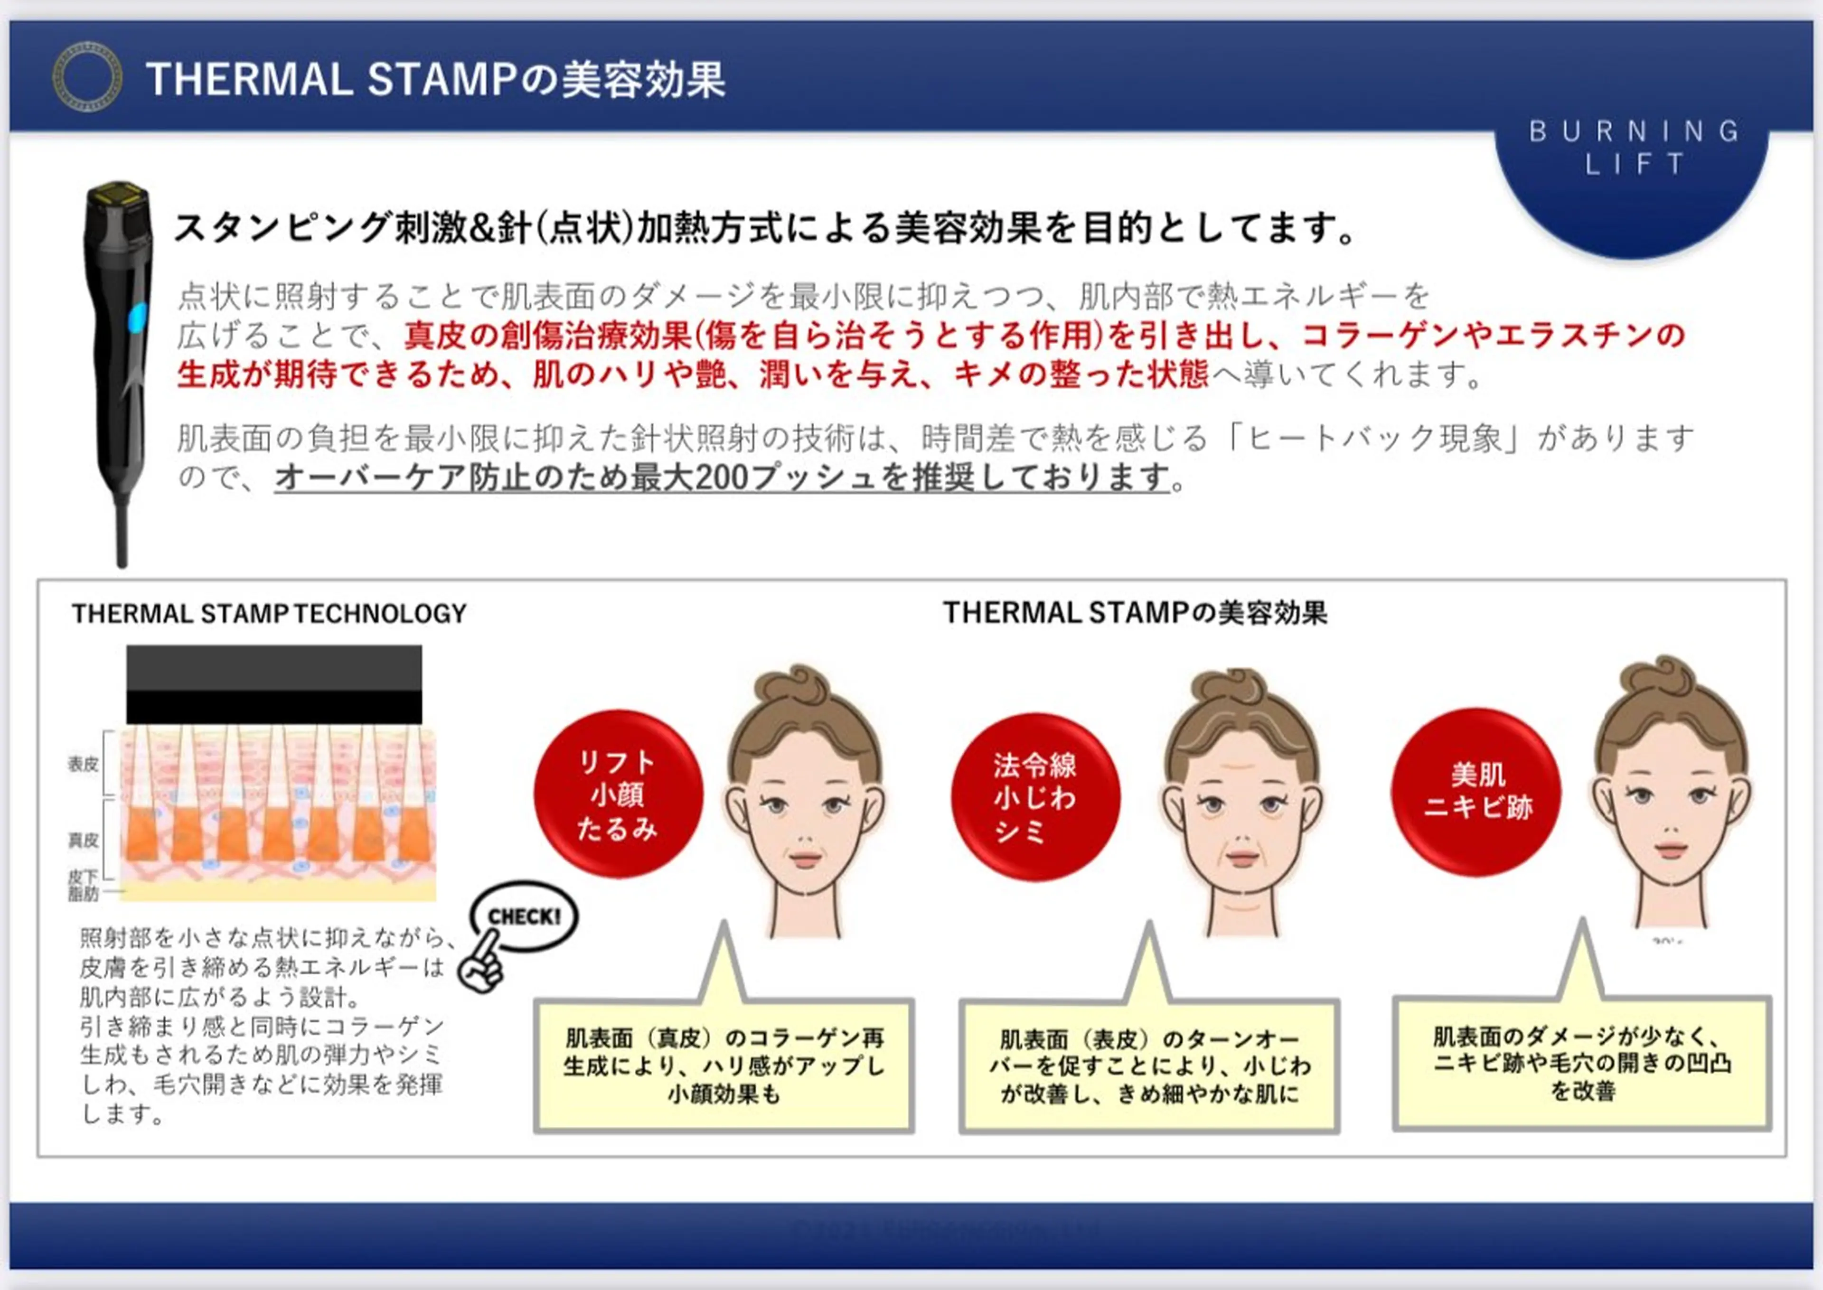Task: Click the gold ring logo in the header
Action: click(x=87, y=77)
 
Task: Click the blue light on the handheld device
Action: click(x=137, y=317)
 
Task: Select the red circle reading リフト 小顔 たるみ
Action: click(x=618, y=795)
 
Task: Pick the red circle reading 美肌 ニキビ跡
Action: click(x=1476, y=792)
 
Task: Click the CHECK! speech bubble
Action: click(x=524, y=916)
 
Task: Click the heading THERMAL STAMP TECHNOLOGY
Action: click(x=269, y=613)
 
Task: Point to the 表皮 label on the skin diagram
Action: click(x=83, y=764)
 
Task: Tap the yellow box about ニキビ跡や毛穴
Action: click(x=1582, y=1063)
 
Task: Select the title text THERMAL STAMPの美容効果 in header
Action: click(x=435, y=79)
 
